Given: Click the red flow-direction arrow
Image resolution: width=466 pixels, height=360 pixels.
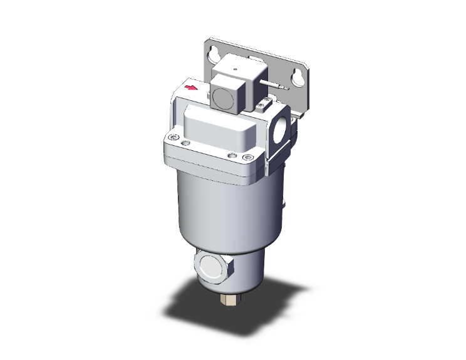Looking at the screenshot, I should (193, 88).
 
